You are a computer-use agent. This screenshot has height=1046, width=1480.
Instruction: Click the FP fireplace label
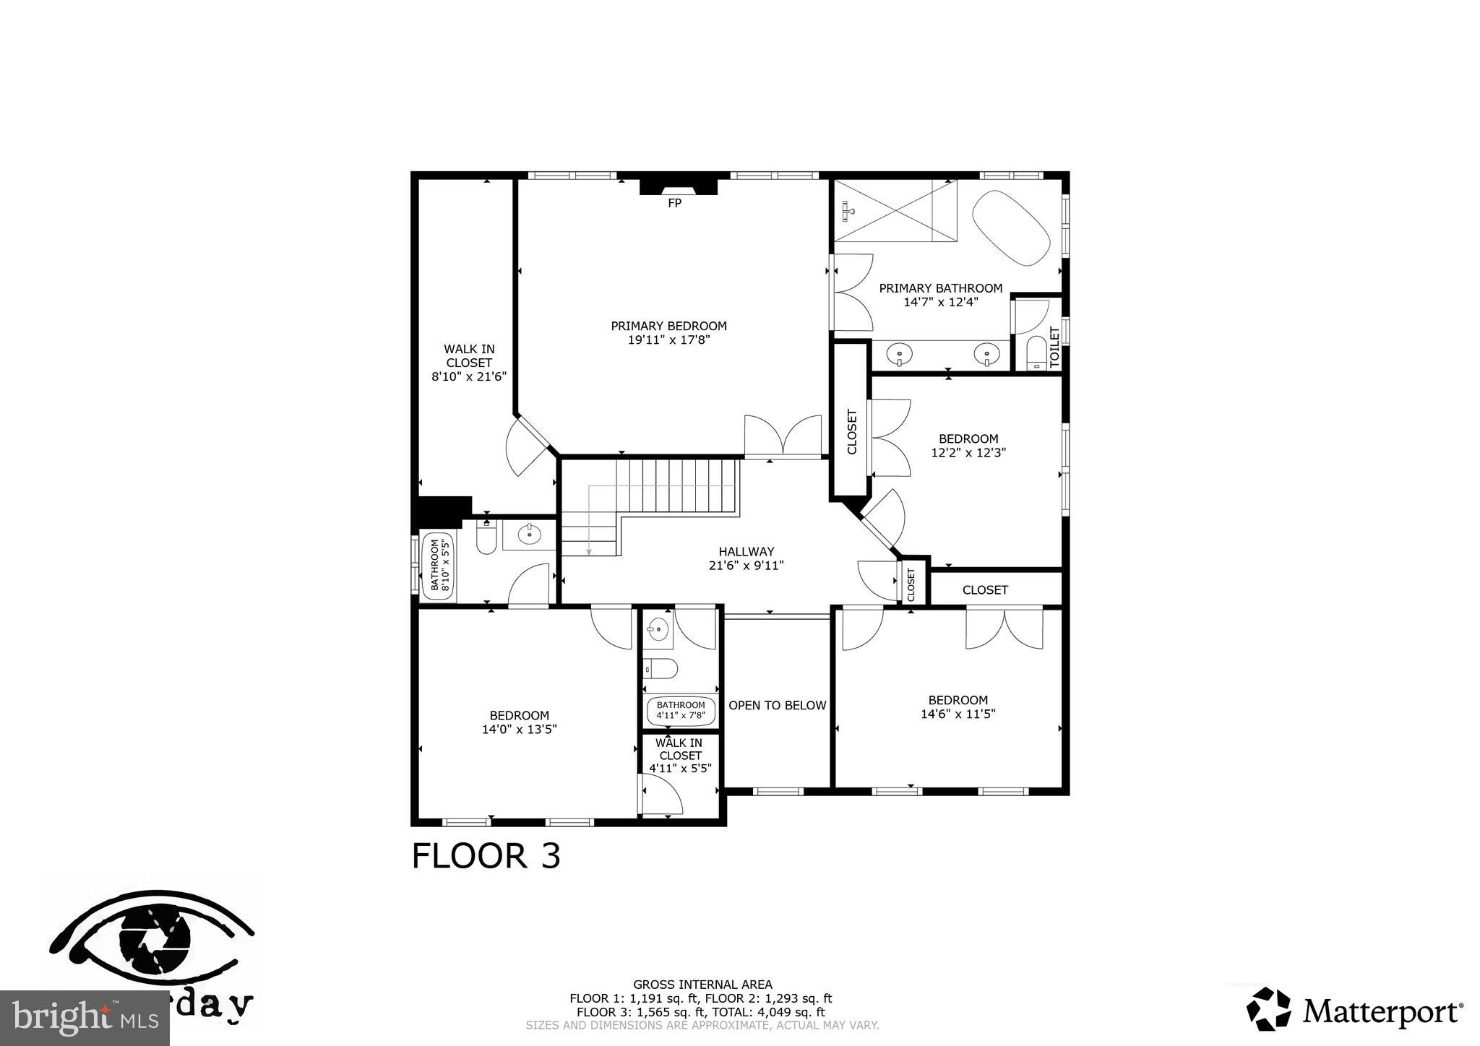click(x=674, y=204)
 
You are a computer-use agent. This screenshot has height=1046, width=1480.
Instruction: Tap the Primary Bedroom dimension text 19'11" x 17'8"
click(x=668, y=340)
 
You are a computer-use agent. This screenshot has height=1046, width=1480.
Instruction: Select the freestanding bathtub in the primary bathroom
click(x=1011, y=227)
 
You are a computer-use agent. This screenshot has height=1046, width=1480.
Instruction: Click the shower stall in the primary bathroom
click(x=895, y=210)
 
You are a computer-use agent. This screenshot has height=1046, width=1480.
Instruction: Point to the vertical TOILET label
click(x=1054, y=347)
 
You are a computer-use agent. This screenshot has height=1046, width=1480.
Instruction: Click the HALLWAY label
click(x=746, y=552)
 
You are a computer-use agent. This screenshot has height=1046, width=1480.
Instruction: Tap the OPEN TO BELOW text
click(x=777, y=705)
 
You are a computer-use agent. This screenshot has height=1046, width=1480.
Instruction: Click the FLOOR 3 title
click(x=486, y=856)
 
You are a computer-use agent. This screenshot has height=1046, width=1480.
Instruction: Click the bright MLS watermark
click(x=85, y=1019)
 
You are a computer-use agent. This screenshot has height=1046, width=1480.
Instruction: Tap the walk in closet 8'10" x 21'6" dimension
click(x=469, y=376)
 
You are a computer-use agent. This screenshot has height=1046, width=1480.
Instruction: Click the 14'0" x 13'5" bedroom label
click(x=519, y=729)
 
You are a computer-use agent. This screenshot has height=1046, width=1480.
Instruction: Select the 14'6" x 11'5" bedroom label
click(x=958, y=714)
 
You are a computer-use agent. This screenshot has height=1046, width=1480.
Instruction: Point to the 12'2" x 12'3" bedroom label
click(x=968, y=452)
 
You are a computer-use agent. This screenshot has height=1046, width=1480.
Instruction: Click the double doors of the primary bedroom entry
click(x=783, y=437)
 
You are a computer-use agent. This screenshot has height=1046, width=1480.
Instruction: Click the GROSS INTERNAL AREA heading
click(x=702, y=984)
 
